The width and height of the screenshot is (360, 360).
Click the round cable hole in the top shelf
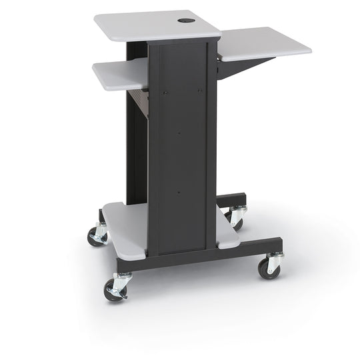(x=185, y=21)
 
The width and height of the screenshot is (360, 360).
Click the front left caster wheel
(x=113, y=289)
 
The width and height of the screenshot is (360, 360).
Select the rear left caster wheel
(x=96, y=235)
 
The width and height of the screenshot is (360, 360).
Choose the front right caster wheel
(x=269, y=267)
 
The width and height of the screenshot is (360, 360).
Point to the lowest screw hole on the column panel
(x=179, y=193)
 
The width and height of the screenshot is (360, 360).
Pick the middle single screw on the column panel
(x=179, y=131)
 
